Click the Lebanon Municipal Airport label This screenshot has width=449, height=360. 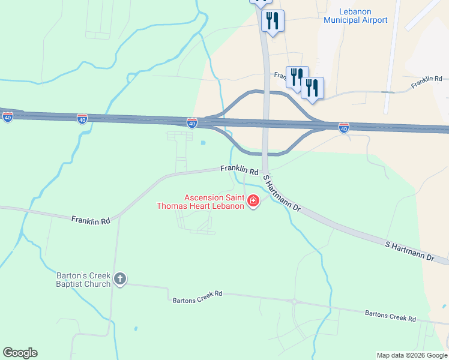(x=355, y=16)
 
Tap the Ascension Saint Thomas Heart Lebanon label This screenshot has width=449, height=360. (x=214, y=202)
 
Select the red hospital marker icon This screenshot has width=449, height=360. (x=253, y=201)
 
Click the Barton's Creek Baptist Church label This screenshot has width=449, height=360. (x=83, y=280)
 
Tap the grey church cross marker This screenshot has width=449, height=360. (x=120, y=278)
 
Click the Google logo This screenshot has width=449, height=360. (x=20, y=353)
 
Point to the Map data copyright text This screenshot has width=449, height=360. (x=411, y=355)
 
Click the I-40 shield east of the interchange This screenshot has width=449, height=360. (x=343, y=128)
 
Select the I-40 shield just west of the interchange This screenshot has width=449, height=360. (x=191, y=123)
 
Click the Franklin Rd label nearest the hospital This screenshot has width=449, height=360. (x=239, y=170)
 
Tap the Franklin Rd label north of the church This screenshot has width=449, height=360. (x=91, y=221)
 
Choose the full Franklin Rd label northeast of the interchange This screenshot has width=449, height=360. (x=426, y=83)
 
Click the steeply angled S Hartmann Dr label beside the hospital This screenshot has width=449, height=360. (x=282, y=192)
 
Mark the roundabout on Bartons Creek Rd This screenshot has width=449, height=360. (x=294, y=302)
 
